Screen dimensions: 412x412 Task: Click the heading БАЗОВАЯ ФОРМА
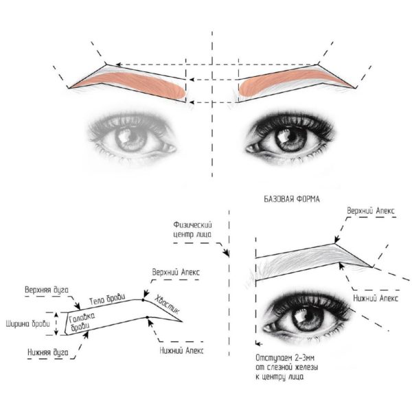294,199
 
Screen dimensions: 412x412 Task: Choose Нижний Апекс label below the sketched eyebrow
373,299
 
